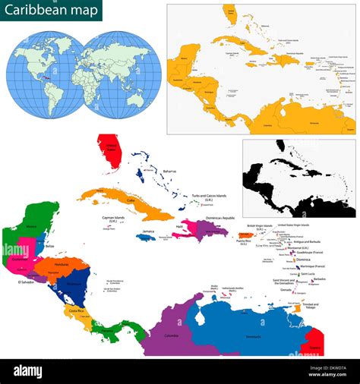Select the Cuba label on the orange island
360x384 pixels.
131,200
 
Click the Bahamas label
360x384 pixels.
169,172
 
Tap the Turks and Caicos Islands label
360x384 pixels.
209,196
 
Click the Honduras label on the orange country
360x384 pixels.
62,265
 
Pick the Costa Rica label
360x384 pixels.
75,310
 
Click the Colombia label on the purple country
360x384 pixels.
171,335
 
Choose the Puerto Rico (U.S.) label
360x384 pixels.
243,242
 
